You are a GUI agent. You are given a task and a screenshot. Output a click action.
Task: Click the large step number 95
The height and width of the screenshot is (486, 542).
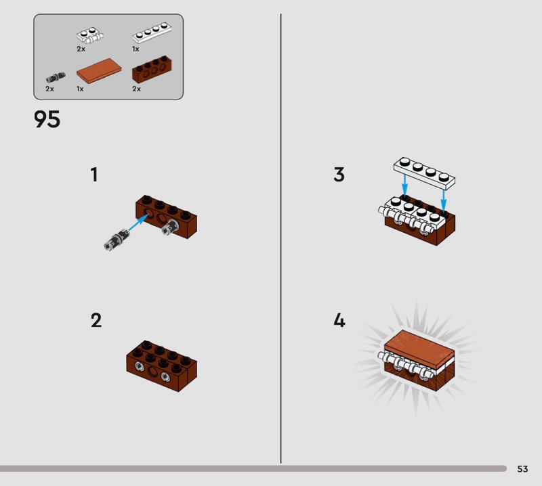tap(47, 119)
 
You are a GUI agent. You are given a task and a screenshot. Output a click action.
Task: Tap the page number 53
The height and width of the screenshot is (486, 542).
tap(522, 468)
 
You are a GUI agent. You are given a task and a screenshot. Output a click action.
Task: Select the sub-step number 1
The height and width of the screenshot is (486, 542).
tap(94, 175)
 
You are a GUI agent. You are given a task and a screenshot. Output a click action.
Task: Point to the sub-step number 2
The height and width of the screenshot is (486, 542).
tap(96, 320)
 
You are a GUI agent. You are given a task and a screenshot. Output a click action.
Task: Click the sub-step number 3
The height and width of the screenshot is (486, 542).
tap(339, 175)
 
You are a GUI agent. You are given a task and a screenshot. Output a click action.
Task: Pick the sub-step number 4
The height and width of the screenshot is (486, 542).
tap(339, 320)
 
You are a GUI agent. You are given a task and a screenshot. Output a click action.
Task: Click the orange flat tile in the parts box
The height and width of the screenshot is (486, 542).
tap(99, 70)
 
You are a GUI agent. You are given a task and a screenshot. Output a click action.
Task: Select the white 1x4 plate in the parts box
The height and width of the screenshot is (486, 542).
tap(152, 32)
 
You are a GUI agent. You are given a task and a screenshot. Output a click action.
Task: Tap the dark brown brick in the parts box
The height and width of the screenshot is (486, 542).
tap(152, 69)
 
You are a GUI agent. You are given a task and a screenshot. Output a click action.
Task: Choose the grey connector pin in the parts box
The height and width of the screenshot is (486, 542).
tap(56, 77)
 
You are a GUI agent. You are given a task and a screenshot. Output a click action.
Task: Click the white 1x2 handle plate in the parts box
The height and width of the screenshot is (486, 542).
tap(90, 35)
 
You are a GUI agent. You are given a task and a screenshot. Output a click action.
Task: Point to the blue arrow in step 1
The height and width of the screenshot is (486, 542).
tap(139, 223)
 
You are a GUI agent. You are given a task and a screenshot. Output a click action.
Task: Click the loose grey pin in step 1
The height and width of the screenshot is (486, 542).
tap(117, 239)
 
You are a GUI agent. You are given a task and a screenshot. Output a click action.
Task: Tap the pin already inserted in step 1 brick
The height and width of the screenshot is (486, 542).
tap(171, 227)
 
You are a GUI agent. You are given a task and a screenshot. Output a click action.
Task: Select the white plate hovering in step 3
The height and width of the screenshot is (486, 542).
tap(424, 173)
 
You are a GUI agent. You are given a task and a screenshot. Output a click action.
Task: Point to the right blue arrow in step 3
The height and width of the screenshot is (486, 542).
tap(444, 200)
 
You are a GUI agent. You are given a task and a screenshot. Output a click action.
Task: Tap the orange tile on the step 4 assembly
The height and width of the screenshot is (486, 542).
tap(419, 348)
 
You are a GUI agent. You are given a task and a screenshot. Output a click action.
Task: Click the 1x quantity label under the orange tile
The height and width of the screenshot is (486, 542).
tap(80, 89)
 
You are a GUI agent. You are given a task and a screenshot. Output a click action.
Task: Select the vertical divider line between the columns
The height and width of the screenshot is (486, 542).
tap(280, 238)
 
